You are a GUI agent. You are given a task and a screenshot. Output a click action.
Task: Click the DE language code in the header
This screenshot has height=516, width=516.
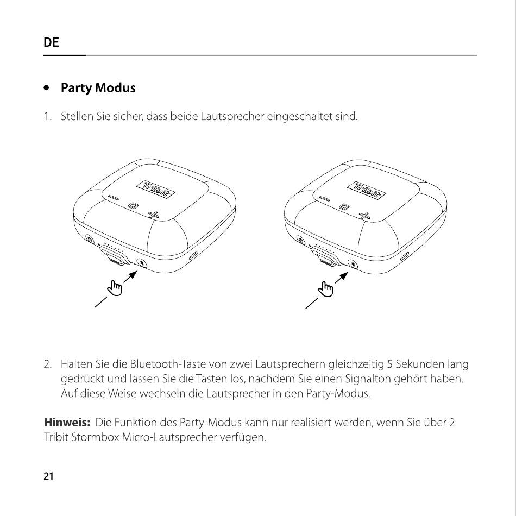click(51, 43)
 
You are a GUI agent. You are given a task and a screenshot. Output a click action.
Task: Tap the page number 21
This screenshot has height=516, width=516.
click(48, 477)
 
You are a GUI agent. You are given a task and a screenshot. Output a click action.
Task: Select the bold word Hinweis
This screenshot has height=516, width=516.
click(66, 422)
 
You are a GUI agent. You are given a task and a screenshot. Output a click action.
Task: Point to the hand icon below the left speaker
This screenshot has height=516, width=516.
click(115, 288)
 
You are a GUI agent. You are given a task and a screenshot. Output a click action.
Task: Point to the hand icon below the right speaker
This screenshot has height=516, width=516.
click(326, 288)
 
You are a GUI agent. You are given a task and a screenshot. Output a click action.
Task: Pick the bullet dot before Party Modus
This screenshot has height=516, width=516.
click(48, 87)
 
